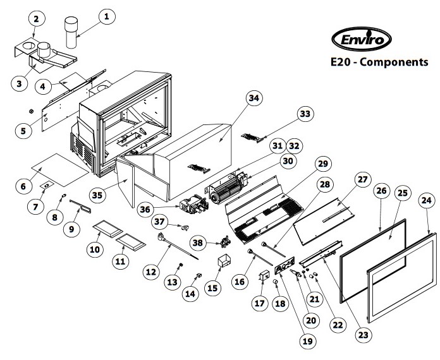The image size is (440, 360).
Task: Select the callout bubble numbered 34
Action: click(254, 99)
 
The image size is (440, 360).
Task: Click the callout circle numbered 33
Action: click(305, 114)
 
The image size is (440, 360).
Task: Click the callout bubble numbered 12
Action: click(151, 272)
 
